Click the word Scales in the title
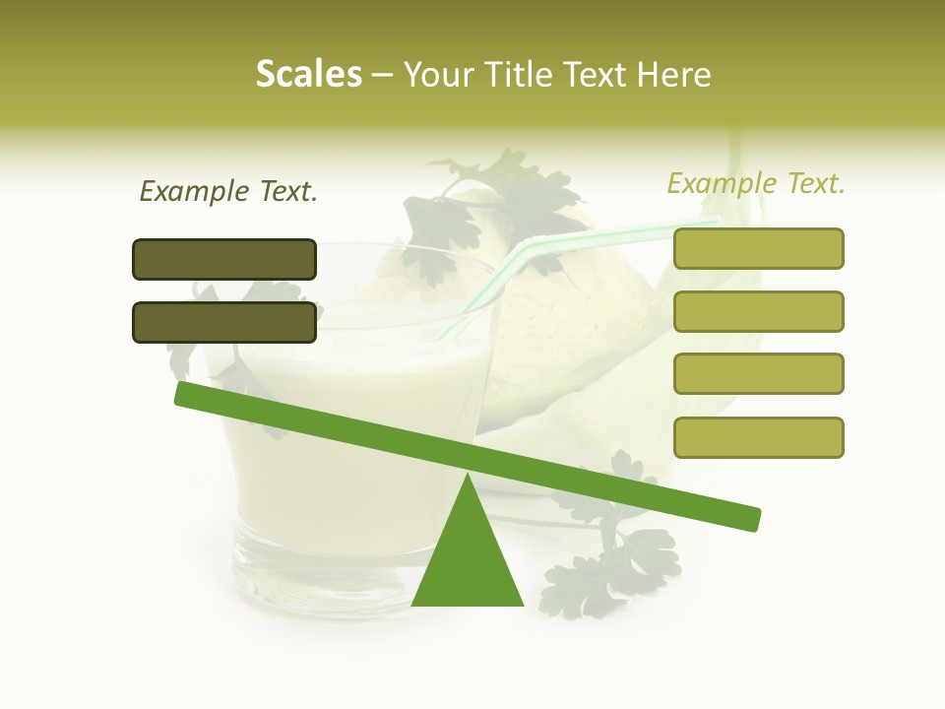(x=308, y=74)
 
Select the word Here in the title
(x=675, y=75)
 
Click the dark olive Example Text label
(x=228, y=192)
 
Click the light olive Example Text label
(x=756, y=183)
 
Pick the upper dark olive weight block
(x=224, y=259)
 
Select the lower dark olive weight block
(x=224, y=322)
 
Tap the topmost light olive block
(x=758, y=248)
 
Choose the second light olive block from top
(x=758, y=311)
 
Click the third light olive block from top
(x=758, y=373)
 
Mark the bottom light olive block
(x=758, y=437)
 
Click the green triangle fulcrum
(x=467, y=561)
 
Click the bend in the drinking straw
(x=523, y=246)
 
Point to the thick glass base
(x=315, y=571)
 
